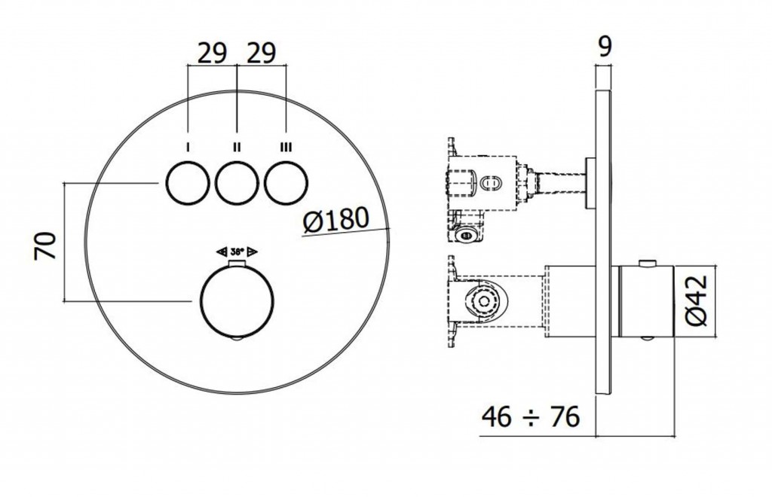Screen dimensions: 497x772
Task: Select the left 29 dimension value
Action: pos(213,53)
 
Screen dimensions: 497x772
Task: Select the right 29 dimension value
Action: pos(261,53)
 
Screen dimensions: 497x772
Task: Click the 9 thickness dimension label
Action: pos(605,46)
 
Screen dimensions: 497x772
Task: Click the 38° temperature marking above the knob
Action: pos(237,252)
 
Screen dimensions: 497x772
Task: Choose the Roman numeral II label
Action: pos(237,147)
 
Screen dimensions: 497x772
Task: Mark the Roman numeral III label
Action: pos(286,147)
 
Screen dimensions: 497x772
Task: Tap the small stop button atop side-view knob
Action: pos(645,264)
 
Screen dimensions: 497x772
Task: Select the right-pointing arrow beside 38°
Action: pos(253,252)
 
